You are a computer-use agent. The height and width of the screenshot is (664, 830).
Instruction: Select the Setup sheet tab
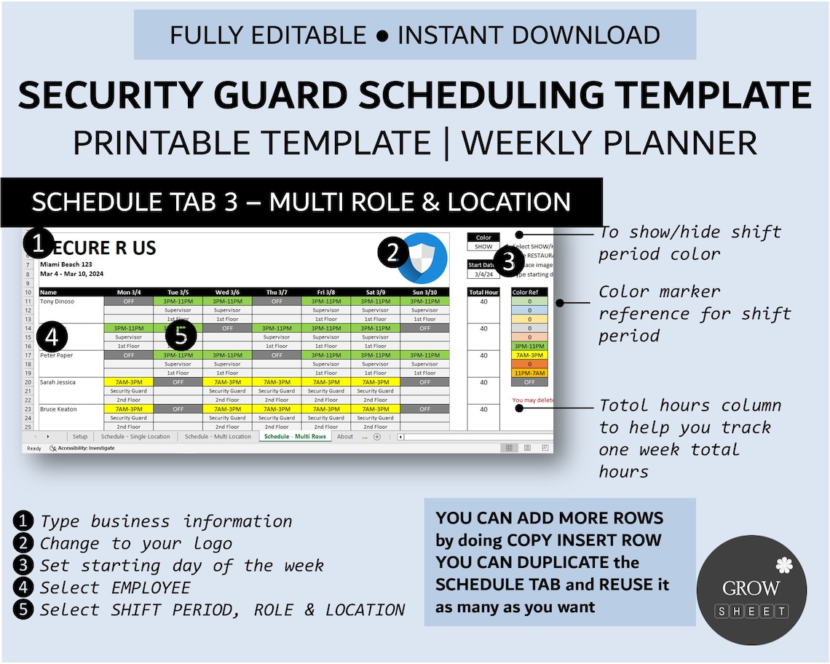[x=80, y=437]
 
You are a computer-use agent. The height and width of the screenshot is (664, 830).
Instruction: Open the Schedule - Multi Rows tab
[x=295, y=437]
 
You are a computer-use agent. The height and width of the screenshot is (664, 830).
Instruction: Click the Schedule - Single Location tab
[x=135, y=437]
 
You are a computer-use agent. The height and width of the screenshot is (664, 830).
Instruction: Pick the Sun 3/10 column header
[x=424, y=292]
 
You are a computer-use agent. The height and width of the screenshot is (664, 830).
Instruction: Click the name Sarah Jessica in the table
[x=58, y=382]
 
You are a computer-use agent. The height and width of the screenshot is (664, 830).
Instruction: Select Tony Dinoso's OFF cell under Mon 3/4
[x=128, y=301]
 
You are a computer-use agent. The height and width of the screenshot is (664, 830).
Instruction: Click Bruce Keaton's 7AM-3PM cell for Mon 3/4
[x=128, y=409]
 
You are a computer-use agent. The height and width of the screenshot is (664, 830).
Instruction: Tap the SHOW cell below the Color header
[x=483, y=247]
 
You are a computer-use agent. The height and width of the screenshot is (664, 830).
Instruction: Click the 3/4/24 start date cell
[x=483, y=274]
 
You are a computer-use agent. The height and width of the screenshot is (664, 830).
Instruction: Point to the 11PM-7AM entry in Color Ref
[x=529, y=373]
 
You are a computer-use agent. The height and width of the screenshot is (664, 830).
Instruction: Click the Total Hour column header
[x=483, y=292]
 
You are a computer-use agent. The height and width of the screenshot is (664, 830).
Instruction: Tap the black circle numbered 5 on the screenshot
[x=181, y=336]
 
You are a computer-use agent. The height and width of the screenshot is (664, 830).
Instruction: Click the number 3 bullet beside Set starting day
[x=24, y=566]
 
